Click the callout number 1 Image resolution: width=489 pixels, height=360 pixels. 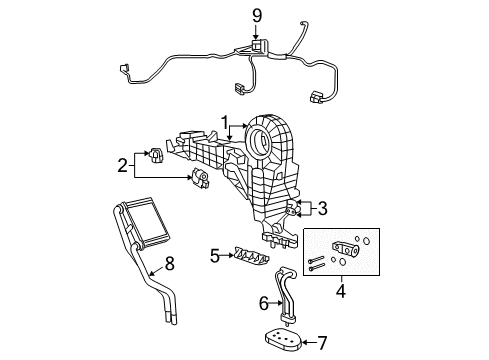pos(227,125)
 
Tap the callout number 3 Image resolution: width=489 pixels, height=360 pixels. pos(321,209)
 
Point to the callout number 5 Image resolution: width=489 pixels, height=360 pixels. pos(213,255)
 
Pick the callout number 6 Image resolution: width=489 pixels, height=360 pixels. pos(265,301)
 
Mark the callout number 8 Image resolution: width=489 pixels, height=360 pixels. pos(169,265)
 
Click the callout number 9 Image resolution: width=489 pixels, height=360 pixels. pos(256,14)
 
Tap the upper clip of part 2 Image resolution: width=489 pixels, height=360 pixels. pos(155,155)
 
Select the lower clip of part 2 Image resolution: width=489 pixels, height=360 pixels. pos(202,178)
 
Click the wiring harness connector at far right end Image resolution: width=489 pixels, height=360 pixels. pos(319,99)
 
